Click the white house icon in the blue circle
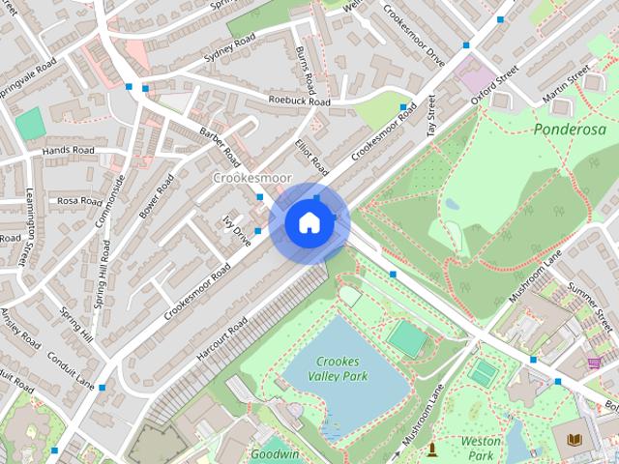(308, 223)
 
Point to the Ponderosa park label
(569, 129)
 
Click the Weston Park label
(480, 447)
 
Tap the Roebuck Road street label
(300, 101)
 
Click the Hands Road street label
(69, 151)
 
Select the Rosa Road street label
(79, 201)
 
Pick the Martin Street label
(566, 86)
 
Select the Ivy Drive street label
(236, 232)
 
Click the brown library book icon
(575, 441)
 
